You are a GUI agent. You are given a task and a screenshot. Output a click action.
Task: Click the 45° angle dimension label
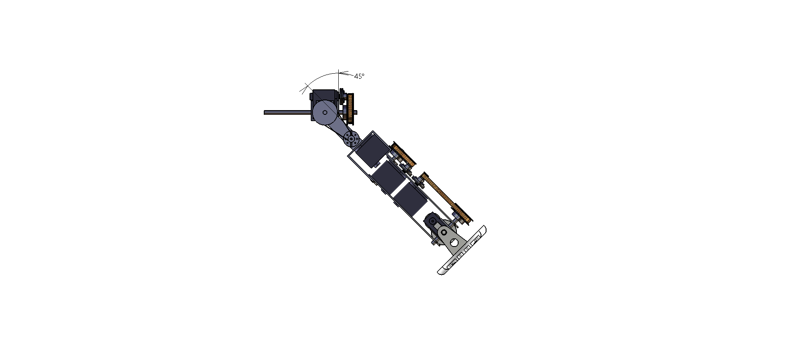coord(359,76)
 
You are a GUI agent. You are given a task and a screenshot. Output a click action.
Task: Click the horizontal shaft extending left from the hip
coord(287,112)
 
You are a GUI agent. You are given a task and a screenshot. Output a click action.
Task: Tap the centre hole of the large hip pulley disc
coord(325,113)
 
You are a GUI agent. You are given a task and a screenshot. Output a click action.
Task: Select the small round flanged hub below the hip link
coord(351,138)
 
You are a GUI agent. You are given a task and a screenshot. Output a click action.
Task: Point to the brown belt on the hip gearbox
coord(351,107)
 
